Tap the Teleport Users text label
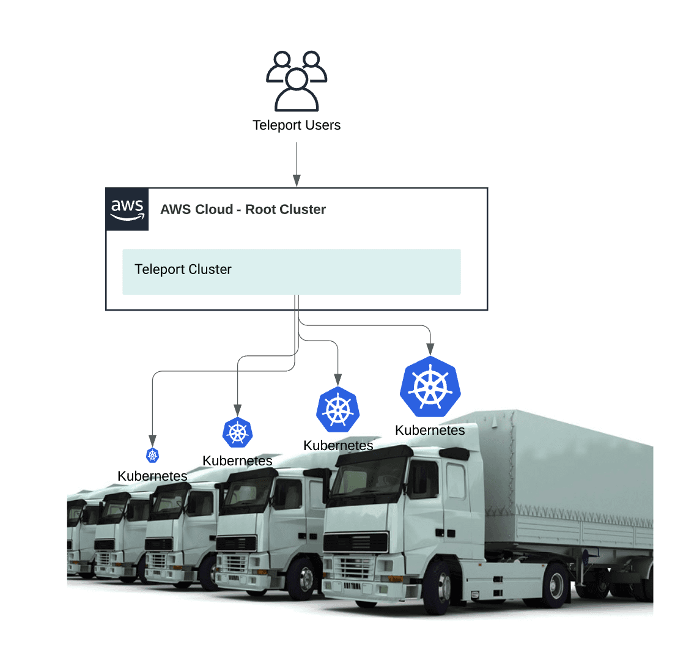click(x=297, y=125)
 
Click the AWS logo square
click(x=127, y=209)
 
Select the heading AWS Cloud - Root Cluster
click(x=243, y=210)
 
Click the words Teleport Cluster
click(x=183, y=270)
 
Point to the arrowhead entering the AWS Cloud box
click(x=297, y=180)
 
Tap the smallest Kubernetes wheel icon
click(x=152, y=455)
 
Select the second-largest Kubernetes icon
click(x=337, y=410)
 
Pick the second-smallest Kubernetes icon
click(x=237, y=433)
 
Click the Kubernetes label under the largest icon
click(x=430, y=431)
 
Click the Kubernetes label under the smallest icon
click(x=152, y=476)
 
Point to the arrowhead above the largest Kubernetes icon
click(x=430, y=350)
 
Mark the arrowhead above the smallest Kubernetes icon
click(x=152, y=440)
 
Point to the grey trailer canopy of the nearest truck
click(x=569, y=465)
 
